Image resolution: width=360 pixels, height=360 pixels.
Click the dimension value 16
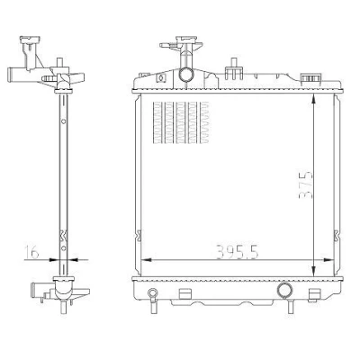tap(31, 252)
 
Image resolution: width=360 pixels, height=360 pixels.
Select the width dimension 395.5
tap(237, 252)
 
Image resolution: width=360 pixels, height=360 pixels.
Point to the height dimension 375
tap(306, 184)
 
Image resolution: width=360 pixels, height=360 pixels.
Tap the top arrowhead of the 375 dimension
tap(313, 98)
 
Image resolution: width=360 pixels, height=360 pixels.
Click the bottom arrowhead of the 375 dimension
tap(313, 272)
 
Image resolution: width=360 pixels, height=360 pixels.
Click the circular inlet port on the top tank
tap(185, 75)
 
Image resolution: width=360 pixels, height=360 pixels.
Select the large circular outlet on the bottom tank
tap(285, 290)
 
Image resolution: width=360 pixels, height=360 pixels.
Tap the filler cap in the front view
tap(186, 40)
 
